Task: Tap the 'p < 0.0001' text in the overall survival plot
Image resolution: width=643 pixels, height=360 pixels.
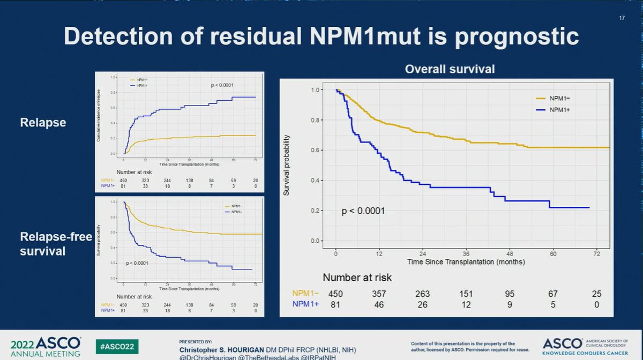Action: coord(363,211)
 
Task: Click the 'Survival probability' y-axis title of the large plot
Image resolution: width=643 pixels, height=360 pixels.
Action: coord(287,164)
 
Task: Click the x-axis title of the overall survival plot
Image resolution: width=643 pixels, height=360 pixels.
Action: coord(465,262)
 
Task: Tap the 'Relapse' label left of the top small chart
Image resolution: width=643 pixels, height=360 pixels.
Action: coord(43,123)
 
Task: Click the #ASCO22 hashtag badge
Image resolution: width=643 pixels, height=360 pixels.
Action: coord(114,346)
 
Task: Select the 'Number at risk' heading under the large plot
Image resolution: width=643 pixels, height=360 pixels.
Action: coord(357,277)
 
